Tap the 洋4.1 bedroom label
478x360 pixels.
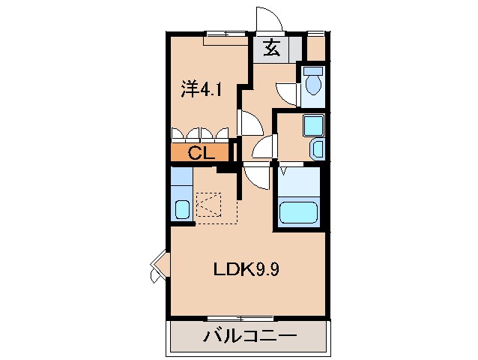202,90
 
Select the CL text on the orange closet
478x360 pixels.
201,154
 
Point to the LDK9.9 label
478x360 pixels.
248,268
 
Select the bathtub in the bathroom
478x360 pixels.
300,213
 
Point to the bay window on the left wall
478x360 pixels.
158,267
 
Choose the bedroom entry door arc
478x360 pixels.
249,122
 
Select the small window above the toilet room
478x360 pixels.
315,33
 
